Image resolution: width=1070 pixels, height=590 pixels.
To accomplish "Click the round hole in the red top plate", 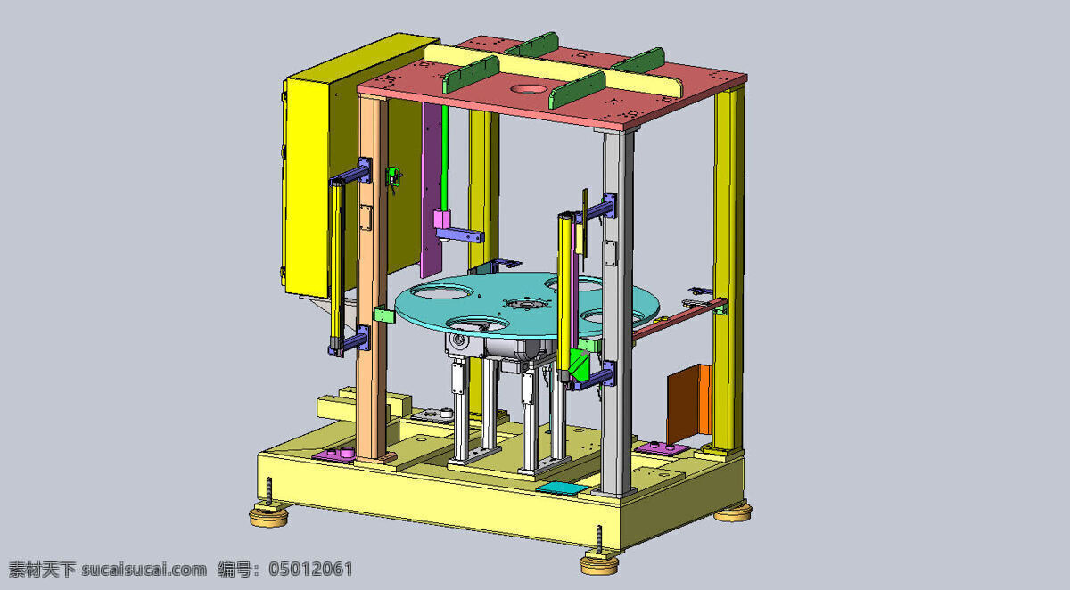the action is [x=529, y=89].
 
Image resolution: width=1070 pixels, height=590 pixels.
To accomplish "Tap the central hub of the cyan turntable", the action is [x=526, y=304].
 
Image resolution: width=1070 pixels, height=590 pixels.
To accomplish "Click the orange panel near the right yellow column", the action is [x=688, y=404].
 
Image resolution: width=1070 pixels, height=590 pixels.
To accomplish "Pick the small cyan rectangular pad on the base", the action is [x=562, y=488].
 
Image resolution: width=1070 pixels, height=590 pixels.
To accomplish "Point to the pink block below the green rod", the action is [x=441, y=219].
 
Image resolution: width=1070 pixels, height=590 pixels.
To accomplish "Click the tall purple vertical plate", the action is [x=431, y=191].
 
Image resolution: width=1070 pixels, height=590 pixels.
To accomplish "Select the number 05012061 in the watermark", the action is [x=310, y=569].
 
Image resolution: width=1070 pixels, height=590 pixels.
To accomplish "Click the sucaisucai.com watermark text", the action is [x=144, y=570].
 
